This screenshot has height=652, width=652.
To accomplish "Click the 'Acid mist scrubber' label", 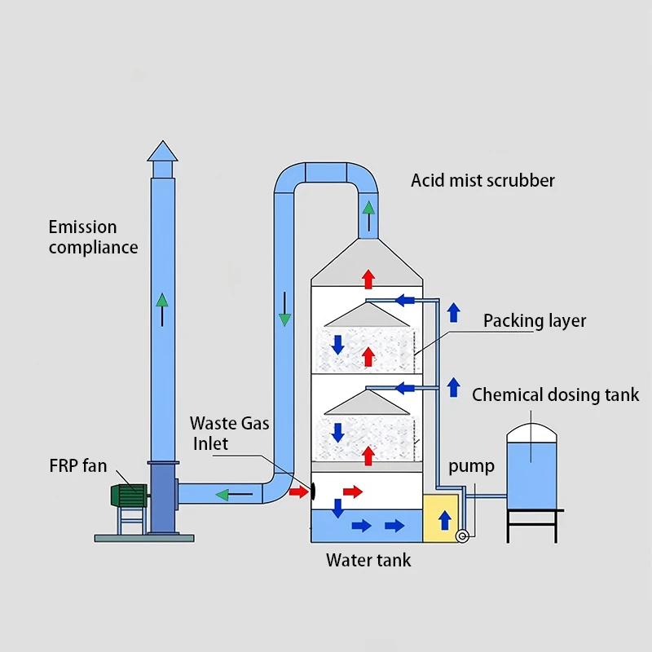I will [482, 180].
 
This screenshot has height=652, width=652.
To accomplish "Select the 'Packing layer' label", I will [534, 320].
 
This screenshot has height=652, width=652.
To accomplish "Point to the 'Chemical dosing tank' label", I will [555, 395].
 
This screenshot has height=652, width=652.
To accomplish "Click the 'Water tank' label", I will [368, 560].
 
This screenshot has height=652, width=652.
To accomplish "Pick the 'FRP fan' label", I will [77, 466].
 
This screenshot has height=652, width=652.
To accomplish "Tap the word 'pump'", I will [471, 466].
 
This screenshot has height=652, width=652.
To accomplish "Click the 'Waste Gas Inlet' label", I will [229, 433].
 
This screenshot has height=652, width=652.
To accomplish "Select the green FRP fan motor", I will [129, 496].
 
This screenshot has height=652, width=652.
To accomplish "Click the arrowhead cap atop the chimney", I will [162, 152].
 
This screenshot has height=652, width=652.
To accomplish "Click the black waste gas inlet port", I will [313, 491].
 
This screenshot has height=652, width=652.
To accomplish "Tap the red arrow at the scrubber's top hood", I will [368, 279].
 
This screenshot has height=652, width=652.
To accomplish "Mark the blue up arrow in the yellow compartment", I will [444, 520].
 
